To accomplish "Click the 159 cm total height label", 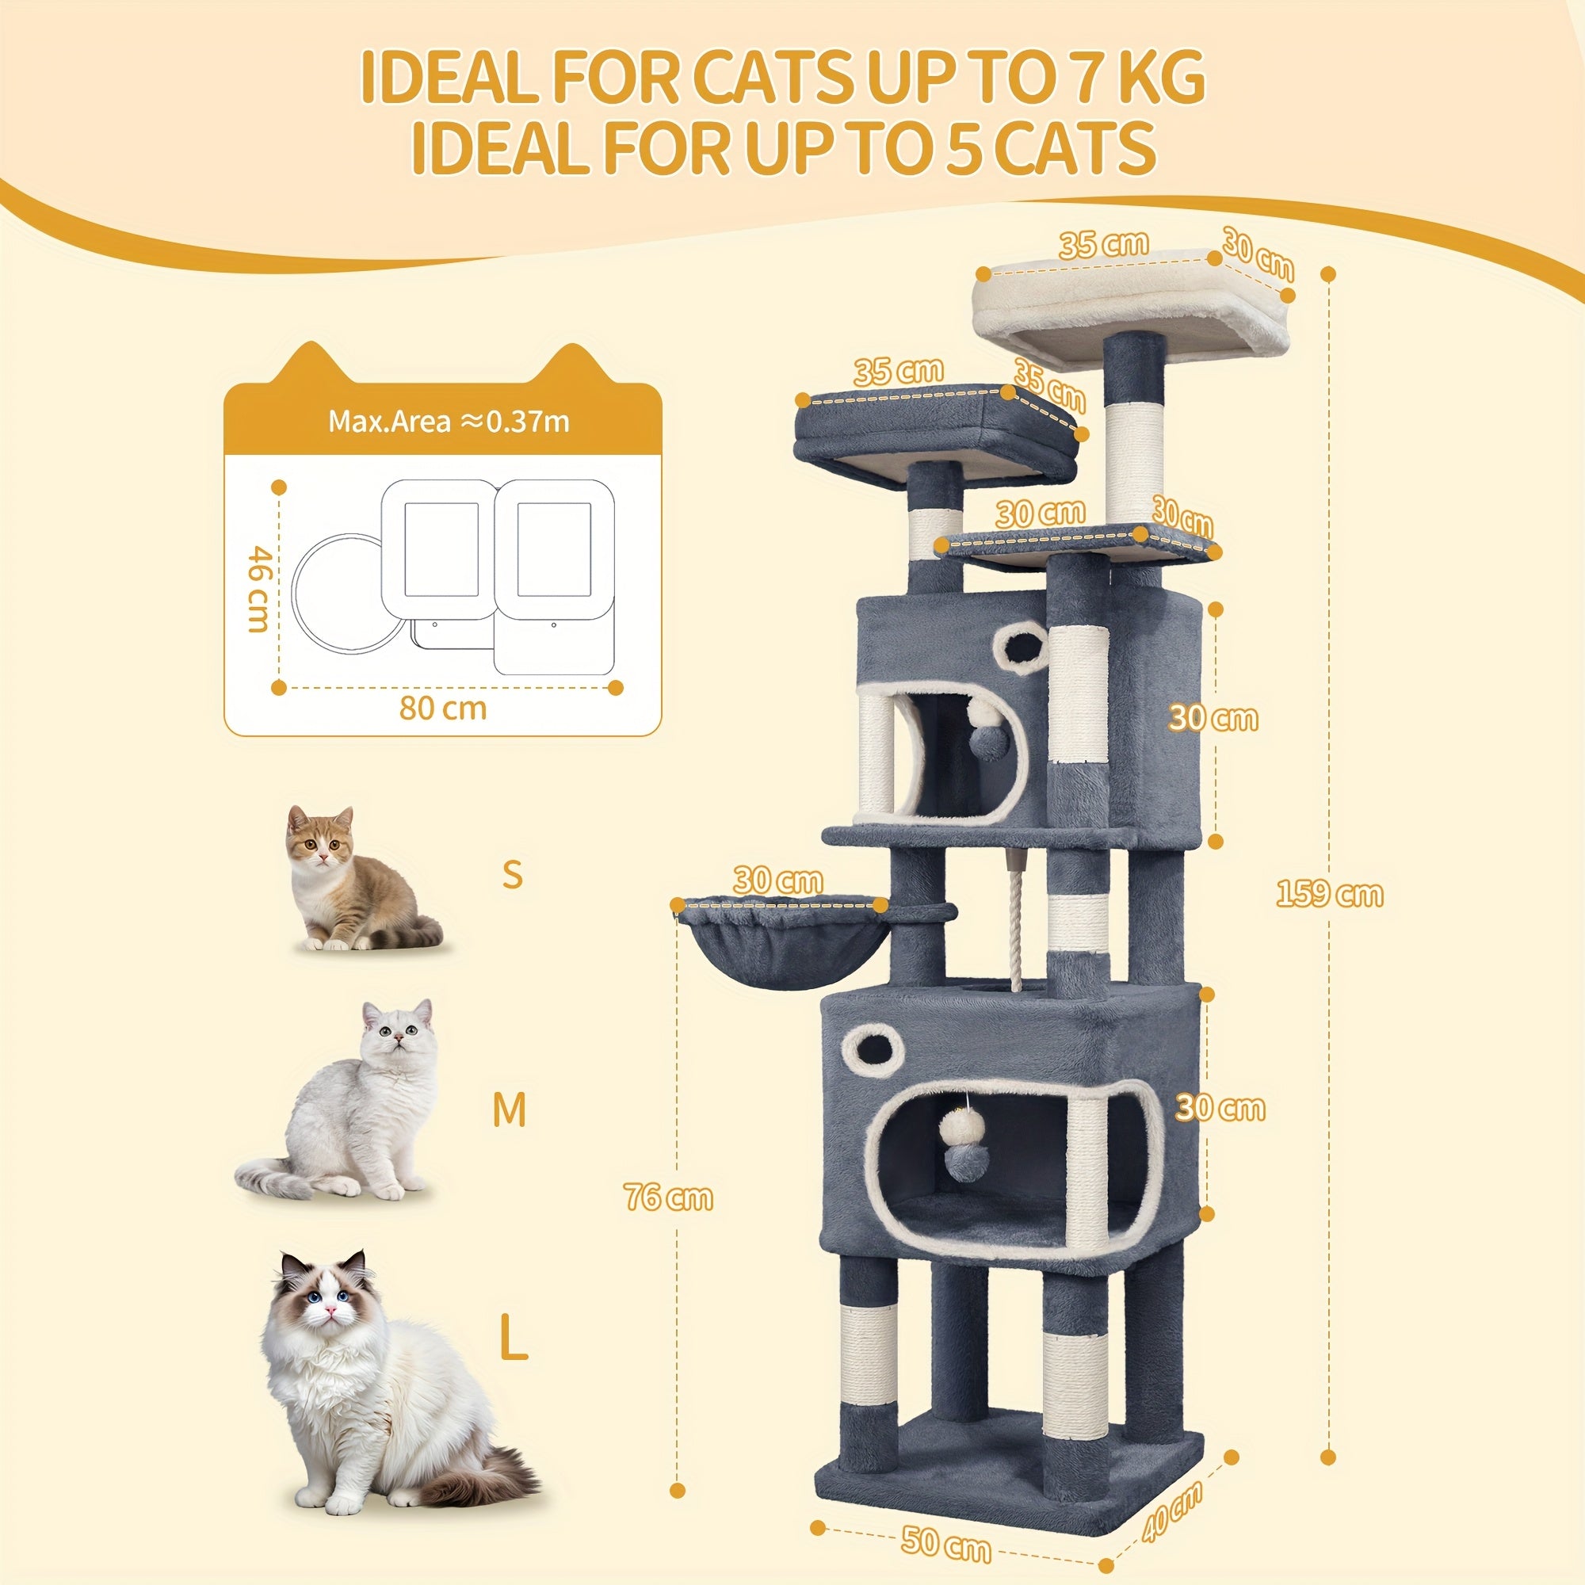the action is [1329, 894].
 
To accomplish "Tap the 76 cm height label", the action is [668, 1197].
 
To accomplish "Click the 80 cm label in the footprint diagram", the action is [443, 707].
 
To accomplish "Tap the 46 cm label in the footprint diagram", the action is [258, 589].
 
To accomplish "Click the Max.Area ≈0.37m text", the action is [449, 421].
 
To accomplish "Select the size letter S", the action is [512, 875].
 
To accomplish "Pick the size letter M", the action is [510, 1110].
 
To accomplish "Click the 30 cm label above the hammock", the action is [777, 881].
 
